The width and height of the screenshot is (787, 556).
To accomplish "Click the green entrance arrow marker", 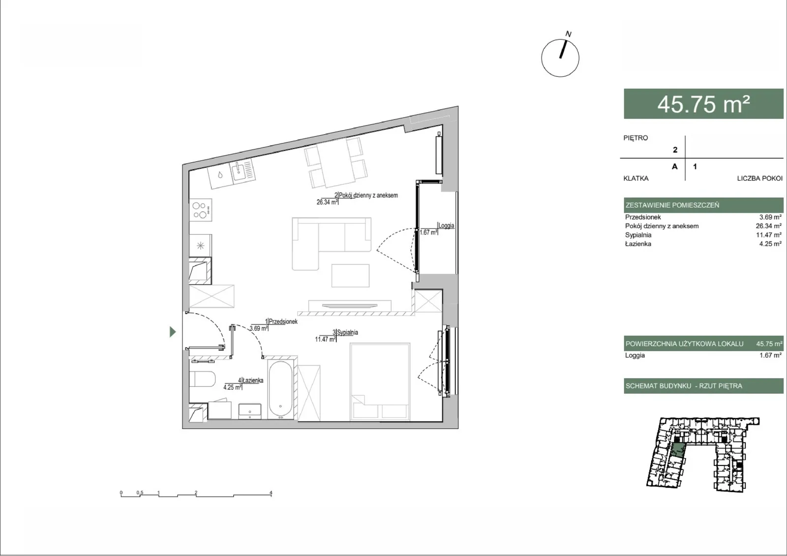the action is tap(172, 331).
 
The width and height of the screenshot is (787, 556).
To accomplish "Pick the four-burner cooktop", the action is tap(201, 210).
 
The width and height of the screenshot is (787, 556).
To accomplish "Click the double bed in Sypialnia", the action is tap(380, 382).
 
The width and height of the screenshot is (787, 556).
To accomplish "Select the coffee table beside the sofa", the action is tap(350, 276).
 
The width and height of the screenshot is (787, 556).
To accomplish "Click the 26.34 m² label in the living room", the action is tap(327, 202).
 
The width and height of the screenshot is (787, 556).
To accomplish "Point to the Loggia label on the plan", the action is tap(446, 226).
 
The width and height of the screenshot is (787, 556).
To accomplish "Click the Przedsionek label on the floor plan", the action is tap(283, 322).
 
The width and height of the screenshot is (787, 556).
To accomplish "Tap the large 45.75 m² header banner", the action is tap(703, 104).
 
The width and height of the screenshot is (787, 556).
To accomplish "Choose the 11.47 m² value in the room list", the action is tap(769, 235).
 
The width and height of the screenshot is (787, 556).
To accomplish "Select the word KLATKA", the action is tap(636, 178).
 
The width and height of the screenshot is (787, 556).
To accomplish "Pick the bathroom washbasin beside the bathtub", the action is tap(250, 411).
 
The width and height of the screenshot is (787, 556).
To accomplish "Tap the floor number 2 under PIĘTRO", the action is tap(675, 149).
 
